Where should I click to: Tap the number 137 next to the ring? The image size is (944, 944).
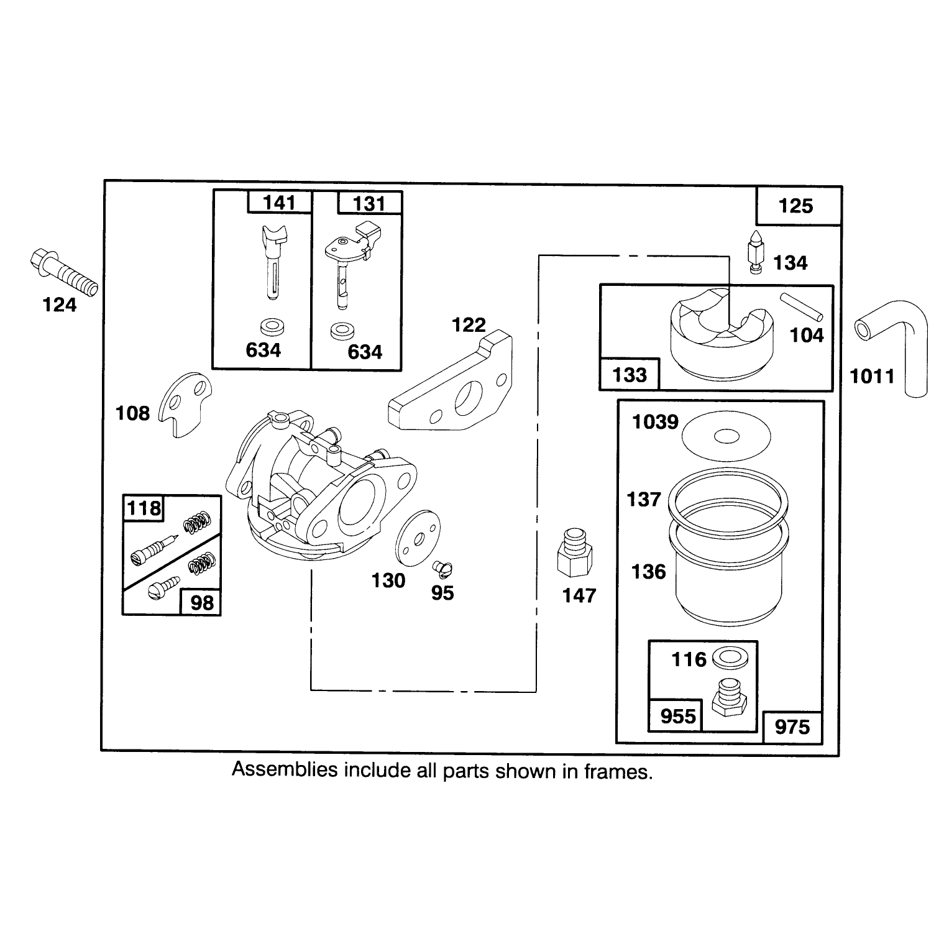pyautogui.click(x=644, y=499)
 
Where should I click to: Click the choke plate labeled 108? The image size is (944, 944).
pyautogui.click(x=185, y=406)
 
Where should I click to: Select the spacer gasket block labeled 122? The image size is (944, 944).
pyautogui.click(x=451, y=382)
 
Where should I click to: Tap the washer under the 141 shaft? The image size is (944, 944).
pyautogui.click(x=269, y=326)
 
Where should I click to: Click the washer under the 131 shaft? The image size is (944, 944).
pyautogui.click(x=340, y=331)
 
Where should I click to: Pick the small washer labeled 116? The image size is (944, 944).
pyautogui.click(x=726, y=656)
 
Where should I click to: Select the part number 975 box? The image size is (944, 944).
pyautogui.click(x=792, y=726)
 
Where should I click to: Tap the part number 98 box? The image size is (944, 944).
pyautogui.click(x=200, y=602)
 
